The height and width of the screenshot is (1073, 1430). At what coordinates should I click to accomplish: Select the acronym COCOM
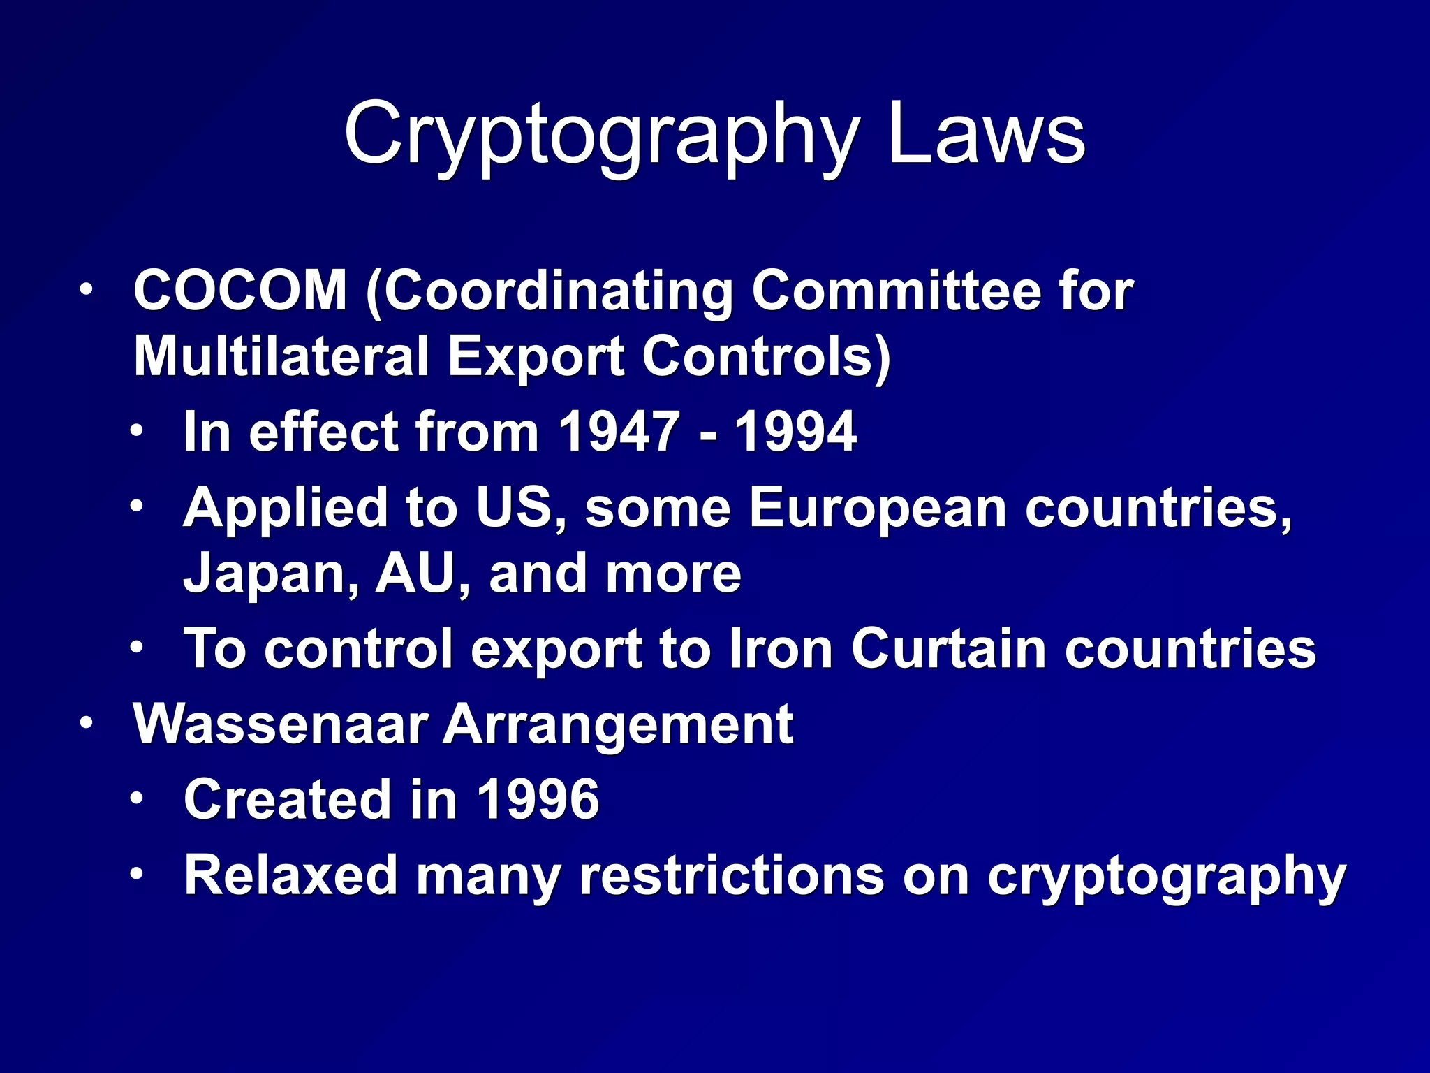tap(240, 291)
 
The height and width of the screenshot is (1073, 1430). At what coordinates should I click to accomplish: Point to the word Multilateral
tap(280, 356)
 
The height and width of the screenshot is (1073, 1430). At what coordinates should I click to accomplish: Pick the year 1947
tap(619, 432)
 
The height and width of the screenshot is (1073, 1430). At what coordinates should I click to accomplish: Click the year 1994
tap(795, 432)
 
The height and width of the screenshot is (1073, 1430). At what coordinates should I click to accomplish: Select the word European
tap(878, 507)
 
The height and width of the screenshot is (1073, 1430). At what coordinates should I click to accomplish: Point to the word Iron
tap(781, 648)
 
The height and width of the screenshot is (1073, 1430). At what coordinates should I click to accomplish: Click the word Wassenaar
tap(280, 724)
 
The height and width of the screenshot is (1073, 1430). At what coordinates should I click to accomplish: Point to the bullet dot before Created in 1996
tap(136, 798)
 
